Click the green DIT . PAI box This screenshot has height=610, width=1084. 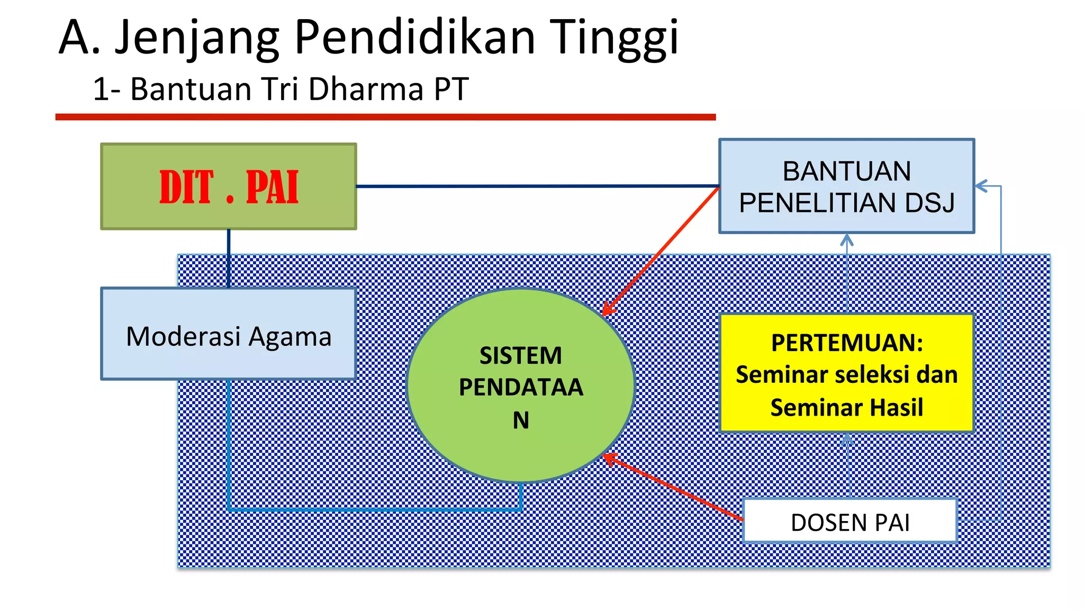pos(229,186)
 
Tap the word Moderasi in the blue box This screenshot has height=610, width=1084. pos(183,337)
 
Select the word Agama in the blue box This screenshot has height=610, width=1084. pos(290,337)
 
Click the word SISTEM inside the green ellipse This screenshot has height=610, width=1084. pos(521,355)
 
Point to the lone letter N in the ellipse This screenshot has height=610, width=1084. pos(521,420)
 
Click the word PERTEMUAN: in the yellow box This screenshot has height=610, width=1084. pos(847,343)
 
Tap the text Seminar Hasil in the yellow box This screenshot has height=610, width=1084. pos(847,408)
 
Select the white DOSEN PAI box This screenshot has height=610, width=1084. pos(850,522)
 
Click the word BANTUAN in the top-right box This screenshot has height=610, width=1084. pos(847,171)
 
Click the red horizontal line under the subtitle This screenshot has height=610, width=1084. pos(385,117)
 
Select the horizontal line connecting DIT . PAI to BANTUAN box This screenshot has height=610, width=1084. pos(537,186)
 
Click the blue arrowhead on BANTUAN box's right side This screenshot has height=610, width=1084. pos(981,186)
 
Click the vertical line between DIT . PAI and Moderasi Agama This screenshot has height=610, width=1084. pos(229,258)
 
